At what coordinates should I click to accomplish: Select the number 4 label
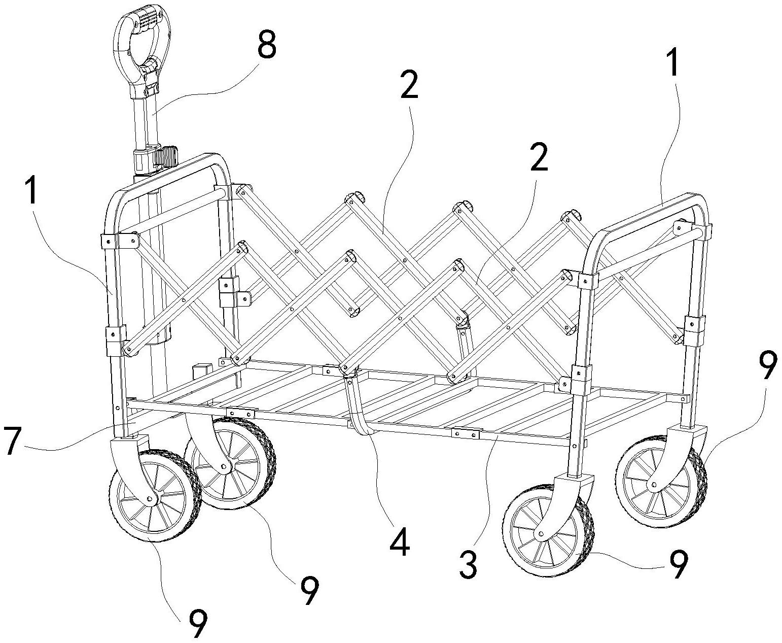(x=399, y=542)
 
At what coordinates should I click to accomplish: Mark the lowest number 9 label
(x=198, y=623)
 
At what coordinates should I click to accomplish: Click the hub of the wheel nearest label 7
(x=150, y=499)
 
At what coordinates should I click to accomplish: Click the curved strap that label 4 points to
(x=360, y=411)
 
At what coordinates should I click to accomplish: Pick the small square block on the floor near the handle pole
(x=201, y=369)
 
